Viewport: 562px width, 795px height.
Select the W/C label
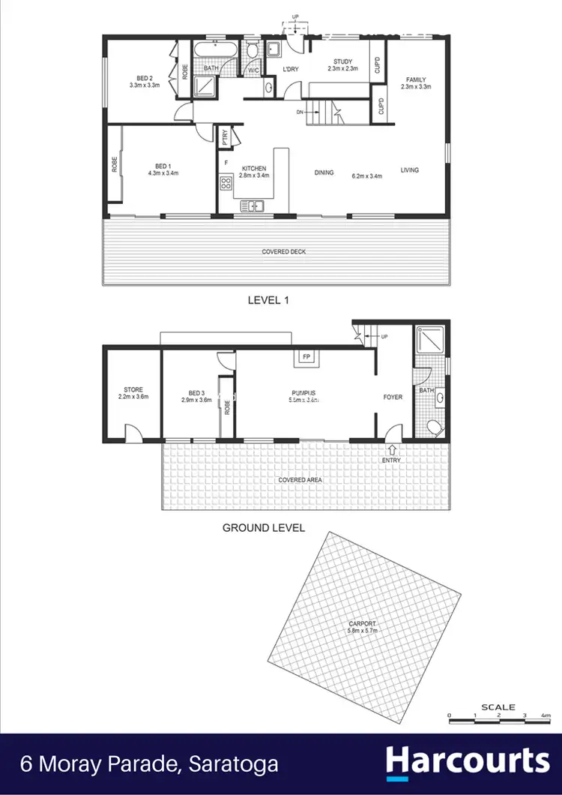[x=253, y=70]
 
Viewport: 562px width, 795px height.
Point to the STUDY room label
[x=343, y=61]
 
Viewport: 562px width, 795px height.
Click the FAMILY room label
[x=416, y=79]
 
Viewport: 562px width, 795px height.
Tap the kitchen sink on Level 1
[x=251, y=205]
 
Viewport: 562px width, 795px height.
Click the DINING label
[x=324, y=172]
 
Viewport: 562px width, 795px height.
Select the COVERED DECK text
[x=283, y=252]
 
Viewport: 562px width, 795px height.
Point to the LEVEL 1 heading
[x=268, y=300]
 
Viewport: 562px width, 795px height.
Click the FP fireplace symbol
[x=306, y=357]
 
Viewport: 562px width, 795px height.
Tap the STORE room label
[x=133, y=389]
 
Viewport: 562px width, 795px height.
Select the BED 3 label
[x=197, y=392]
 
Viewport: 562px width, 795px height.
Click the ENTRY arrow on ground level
[x=391, y=450]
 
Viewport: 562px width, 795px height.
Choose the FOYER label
[x=393, y=397]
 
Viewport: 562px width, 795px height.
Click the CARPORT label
[x=362, y=624]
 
